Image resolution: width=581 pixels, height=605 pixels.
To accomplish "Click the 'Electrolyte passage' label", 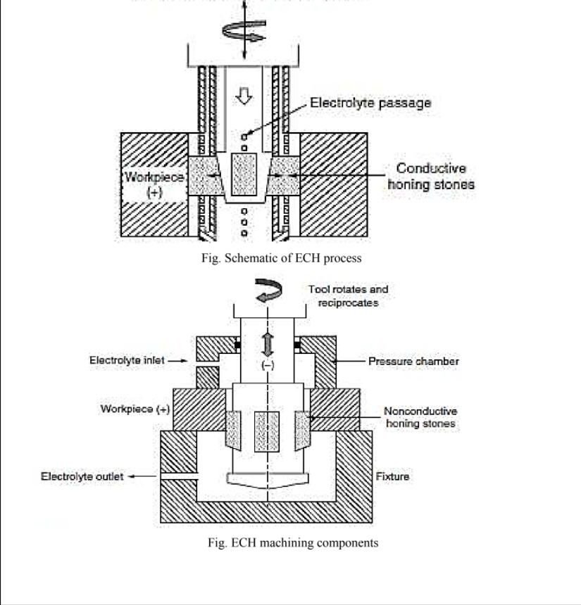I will [370, 103].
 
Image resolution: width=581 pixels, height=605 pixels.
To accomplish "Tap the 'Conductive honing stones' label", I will [431, 177].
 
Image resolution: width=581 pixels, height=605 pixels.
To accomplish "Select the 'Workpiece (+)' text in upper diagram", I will [154, 183].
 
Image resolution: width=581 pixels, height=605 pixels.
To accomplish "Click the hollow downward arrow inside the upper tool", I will [246, 98].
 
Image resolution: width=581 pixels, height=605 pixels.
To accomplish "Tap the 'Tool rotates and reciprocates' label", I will [348, 295].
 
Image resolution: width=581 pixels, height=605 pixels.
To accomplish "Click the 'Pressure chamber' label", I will [413, 361].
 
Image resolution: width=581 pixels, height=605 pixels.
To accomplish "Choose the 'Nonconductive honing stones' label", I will [420, 417].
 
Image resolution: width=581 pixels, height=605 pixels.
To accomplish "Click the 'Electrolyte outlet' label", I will [82, 476].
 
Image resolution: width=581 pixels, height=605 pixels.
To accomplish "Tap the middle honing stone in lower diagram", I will [267, 430].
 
